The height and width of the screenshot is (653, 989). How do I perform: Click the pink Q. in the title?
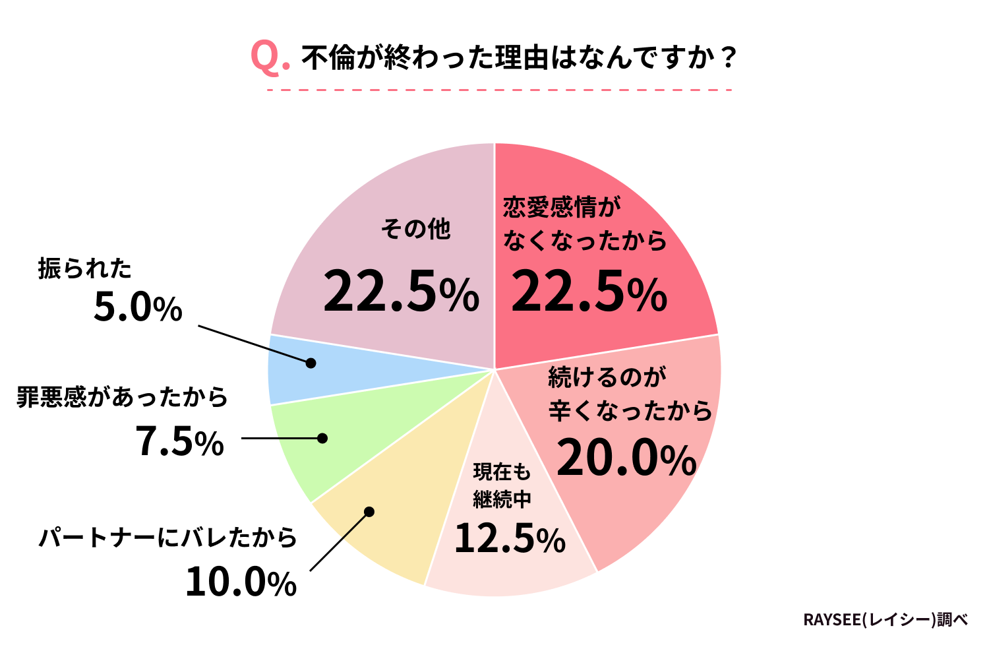(270, 57)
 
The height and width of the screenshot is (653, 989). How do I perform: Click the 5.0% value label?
(138, 307)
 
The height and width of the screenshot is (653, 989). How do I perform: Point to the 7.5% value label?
(180, 441)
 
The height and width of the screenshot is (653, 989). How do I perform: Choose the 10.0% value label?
(241, 582)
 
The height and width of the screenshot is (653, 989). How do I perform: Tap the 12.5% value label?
(510, 538)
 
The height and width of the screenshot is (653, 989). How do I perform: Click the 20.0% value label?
(626, 459)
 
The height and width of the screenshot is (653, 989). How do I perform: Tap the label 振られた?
(85, 268)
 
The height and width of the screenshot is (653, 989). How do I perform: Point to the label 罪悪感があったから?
(122, 397)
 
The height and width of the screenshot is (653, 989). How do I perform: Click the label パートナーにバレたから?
(168, 538)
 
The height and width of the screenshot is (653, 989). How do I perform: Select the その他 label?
(416, 229)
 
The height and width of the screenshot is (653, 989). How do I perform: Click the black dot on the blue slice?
(311, 363)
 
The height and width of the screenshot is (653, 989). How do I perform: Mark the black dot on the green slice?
(322, 438)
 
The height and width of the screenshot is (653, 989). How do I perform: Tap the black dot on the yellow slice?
(369, 512)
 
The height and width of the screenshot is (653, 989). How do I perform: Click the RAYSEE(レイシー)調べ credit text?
(885, 620)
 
